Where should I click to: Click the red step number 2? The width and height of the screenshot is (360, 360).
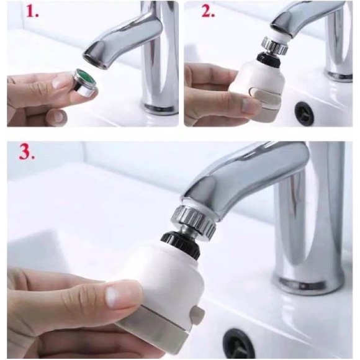(208, 12)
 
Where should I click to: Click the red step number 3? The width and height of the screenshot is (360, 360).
(27, 153)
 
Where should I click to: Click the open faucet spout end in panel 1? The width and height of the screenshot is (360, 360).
(95, 61)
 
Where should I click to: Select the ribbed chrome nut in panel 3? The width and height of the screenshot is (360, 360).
(195, 220)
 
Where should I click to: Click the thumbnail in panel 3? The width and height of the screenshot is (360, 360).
(112, 295)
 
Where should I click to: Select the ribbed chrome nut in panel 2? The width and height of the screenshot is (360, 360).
(274, 45)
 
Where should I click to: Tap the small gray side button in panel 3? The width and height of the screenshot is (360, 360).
(198, 313)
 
